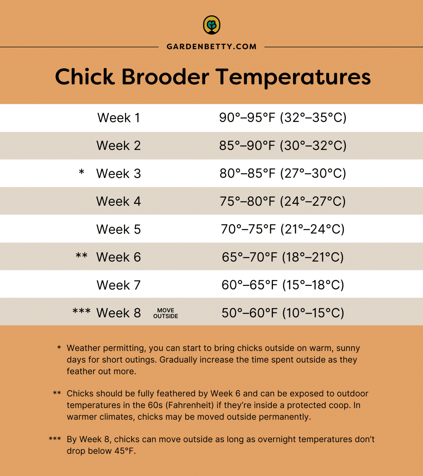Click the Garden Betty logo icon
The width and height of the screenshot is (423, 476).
(x=212, y=25)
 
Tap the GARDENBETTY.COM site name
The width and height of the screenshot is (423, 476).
(x=212, y=47)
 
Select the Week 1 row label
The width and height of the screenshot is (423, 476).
(x=119, y=118)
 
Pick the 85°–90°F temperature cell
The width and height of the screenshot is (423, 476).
(x=247, y=146)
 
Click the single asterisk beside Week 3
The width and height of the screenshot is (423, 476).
(x=82, y=172)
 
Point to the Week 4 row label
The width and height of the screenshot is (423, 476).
(x=119, y=201)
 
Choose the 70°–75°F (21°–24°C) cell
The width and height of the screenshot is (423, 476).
(x=283, y=229)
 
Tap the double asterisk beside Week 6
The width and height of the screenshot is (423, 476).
(x=82, y=256)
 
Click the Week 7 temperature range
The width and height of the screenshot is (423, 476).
(x=283, y=285)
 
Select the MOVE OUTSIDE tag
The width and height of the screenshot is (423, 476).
(x=166, y=313)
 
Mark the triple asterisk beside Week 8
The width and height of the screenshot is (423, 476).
(x=82, y=311)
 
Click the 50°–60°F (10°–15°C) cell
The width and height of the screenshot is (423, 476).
(x=283, y=313)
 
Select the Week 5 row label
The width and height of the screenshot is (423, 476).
(x=119, y=229)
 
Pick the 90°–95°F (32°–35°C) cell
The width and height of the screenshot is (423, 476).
(x=283, y=118)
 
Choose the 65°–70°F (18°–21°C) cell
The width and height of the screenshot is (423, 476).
(x=283, y=257)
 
